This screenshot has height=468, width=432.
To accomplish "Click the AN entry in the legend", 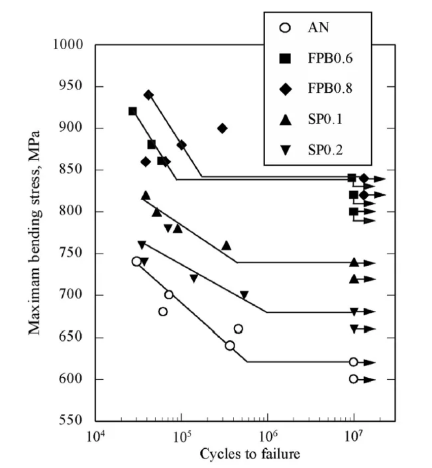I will tap(318, 27).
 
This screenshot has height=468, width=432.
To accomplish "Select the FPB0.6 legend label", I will tap(329, 58).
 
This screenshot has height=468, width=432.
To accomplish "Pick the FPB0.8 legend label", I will tap(329, 89).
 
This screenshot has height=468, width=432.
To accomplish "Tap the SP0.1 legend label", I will tap(325, 120).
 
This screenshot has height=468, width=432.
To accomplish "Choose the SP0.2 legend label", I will tap(325, 150).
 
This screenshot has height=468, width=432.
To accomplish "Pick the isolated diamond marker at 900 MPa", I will tap(222, 128).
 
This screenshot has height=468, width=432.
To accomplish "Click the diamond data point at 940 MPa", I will tap(149, 95).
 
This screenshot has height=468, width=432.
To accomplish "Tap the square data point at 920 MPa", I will tap(133, 111).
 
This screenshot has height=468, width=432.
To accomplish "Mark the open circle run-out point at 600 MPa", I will tap(353, 379).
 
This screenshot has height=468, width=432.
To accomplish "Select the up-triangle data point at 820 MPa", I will tap(146, 195).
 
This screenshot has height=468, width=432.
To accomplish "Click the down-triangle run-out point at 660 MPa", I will tap(354, 329).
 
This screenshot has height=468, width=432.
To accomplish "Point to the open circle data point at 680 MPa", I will tap(163, 311).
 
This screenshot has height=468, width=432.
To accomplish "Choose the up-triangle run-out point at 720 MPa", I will tap(354, 278).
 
